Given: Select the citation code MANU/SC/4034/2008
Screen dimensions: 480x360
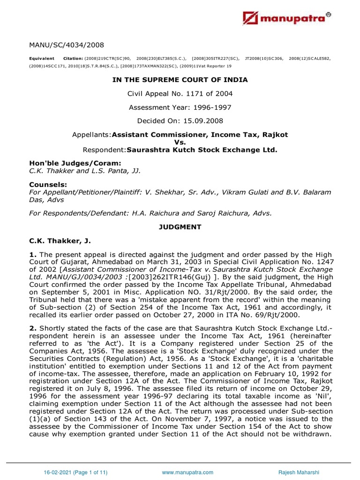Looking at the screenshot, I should point(67,45).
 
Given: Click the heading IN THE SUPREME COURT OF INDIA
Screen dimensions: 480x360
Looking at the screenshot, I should point(180,80).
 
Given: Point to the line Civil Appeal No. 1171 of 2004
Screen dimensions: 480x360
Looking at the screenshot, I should point(180,94).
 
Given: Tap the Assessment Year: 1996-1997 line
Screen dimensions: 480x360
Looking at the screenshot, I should point(180,107).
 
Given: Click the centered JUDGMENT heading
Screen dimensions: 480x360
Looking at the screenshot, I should point(180,227).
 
